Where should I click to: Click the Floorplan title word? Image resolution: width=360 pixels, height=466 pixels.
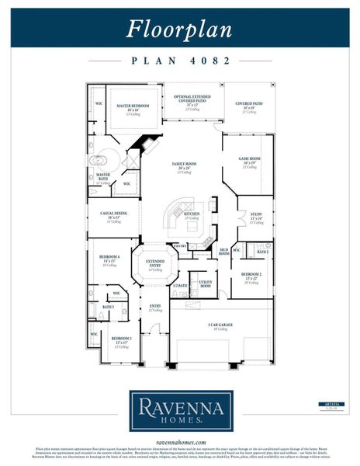[179, 29]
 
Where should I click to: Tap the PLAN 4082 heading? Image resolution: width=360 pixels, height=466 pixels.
[179, 59]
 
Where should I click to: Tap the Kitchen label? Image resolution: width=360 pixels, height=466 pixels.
[191, 214]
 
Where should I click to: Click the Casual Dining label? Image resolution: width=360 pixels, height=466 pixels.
[114, 214]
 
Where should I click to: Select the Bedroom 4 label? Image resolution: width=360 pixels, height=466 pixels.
[109, 256]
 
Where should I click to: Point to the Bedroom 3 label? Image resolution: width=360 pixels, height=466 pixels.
[121, 339]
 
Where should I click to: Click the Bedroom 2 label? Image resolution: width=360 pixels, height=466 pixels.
[251, 275]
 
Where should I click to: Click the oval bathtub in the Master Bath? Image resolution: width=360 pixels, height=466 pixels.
[99, 162]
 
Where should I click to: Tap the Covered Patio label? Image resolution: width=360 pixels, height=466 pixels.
[250, 103]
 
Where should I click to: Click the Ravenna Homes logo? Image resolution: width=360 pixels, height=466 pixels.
[179, 410]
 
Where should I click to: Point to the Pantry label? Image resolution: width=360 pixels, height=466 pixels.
[180, 245]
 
